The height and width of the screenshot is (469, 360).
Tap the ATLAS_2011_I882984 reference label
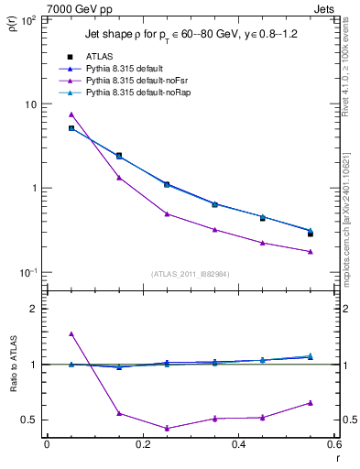190,274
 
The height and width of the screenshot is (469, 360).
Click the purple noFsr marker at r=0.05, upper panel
71,115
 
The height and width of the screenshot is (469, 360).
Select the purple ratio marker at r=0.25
167,428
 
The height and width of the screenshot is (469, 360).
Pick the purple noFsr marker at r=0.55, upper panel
311,251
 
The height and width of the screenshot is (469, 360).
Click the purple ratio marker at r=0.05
71,334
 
